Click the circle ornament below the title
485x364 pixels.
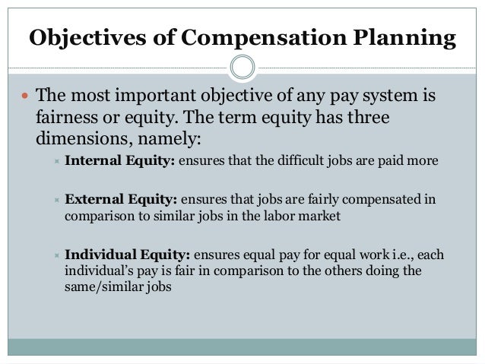pos(242,67)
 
